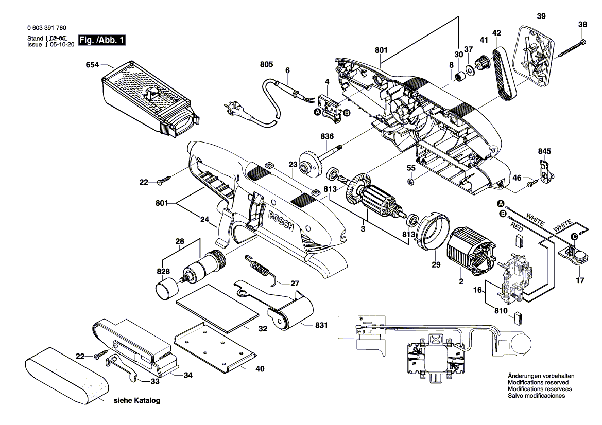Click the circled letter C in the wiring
(x=574, y=237)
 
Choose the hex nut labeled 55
(x=410, y=181)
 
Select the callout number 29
(x=436, y=265)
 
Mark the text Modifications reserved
(x=538, y=383)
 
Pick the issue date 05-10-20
(x=61, y=44)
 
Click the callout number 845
(x=544, y=152)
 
